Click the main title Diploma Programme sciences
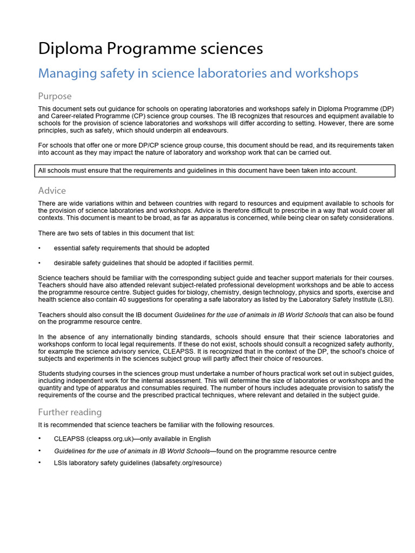150,49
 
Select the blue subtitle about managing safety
198,73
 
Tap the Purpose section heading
55,96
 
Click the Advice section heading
52,191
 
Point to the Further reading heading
70,412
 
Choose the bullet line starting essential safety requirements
131,248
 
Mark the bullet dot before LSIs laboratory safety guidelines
39,463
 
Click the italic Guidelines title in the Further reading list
131,451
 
